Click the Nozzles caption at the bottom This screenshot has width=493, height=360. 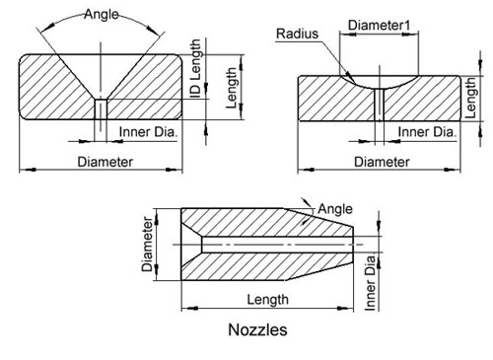tap(257, 329)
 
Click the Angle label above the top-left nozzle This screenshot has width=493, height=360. tap(101, 15)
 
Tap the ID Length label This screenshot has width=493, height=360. tap(195, 68)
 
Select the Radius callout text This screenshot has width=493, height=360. tap(297, 34)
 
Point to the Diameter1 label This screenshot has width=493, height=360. tap(379, 26)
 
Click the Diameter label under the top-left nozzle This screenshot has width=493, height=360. tap(105, 162)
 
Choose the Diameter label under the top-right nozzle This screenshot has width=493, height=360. tap(382, 162)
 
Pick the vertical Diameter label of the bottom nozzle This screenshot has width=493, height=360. tap(147, 244)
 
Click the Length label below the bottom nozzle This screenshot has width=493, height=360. tap(267, 300)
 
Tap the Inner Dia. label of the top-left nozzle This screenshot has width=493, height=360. tap(148, 132)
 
